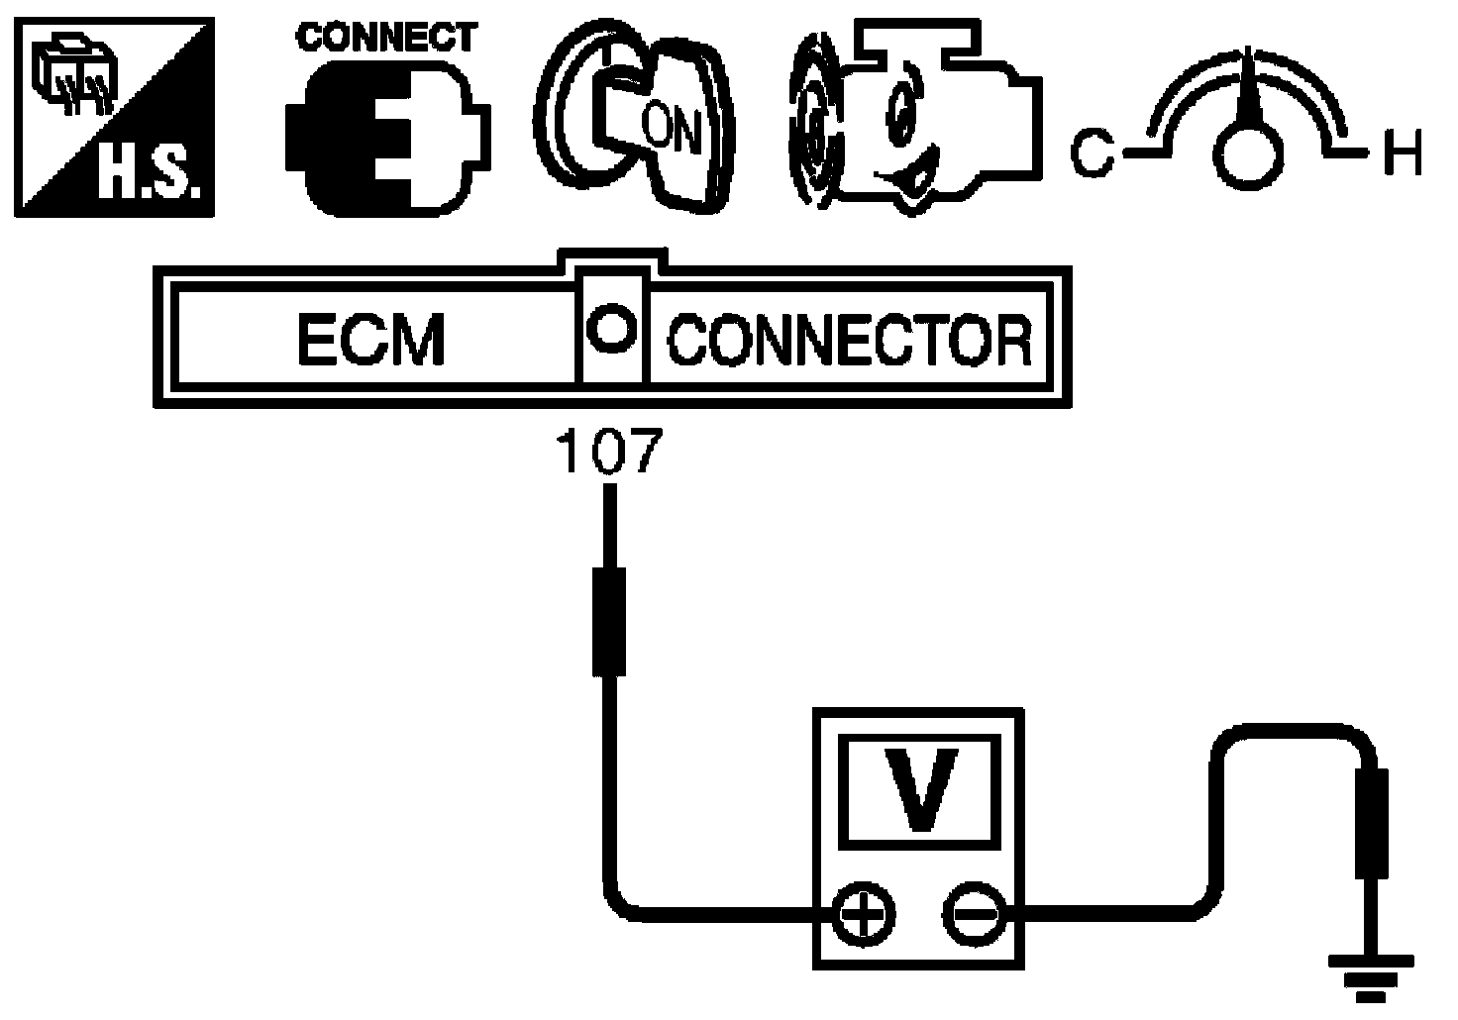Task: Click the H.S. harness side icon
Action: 115,117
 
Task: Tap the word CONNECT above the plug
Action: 386,37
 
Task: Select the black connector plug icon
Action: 388,139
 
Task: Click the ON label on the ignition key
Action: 672,128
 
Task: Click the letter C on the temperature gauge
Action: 1092,153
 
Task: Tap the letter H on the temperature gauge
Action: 1404,153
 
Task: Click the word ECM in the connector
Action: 371,339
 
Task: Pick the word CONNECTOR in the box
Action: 850,340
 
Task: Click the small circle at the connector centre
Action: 611,328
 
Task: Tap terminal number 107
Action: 609,451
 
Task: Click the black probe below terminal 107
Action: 609,622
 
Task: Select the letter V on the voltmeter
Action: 921,789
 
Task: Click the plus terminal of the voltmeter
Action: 864,915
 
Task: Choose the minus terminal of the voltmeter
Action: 975,915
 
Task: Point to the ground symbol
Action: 1371,979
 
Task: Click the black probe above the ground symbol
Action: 1372,823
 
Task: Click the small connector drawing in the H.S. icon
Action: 76,76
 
